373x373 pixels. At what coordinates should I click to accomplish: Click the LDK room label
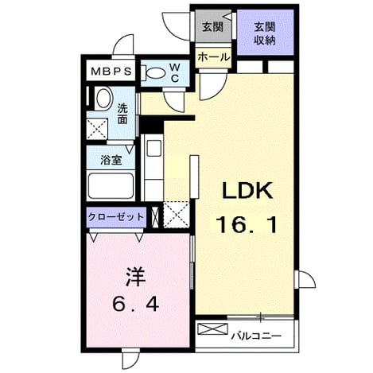(x=247, y=191)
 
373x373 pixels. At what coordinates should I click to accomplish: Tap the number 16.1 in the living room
(x=247, y=225)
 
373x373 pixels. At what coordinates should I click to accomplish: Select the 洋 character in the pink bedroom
(x=136, y=277)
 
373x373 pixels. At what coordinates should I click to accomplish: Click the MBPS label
(x=111, y=71)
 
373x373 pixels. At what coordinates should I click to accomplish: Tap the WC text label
(x=174, y=72)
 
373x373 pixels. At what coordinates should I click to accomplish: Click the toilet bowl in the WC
(x=154, y=72)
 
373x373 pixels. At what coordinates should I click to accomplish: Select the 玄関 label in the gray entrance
(x=212, y=27)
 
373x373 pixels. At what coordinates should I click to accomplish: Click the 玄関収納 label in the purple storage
(x=265, y=33)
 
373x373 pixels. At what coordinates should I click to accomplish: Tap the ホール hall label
(x=213, y=56)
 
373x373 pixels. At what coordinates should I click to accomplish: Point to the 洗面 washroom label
(x=122, y=115)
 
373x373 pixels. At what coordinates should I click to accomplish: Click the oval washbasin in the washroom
(x=104, y=99)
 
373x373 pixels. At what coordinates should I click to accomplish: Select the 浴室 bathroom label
(x=111, y=160)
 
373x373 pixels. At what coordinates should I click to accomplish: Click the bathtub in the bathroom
(x=111, y=186)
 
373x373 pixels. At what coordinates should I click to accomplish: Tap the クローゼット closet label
(x=116, y=217)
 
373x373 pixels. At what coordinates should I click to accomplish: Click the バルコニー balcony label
(x=256, y=336)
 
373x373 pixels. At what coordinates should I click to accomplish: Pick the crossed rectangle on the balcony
(x=213, y=329)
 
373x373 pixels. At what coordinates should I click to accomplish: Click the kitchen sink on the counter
(x=154, y=148)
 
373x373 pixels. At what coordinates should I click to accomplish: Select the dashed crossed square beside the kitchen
(x=176, y=215)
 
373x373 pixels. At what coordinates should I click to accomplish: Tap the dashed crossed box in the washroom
(x=97, y=129)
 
